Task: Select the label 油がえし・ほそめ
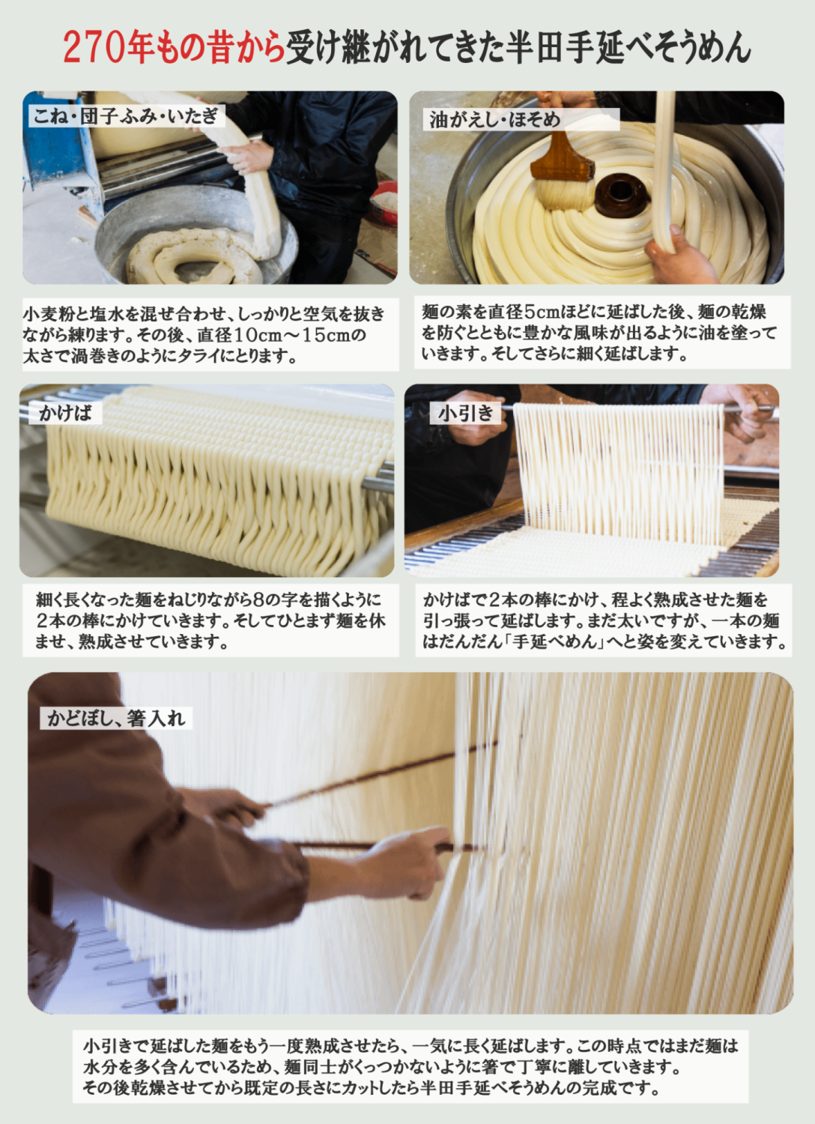(494, 119)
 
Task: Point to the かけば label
(65, 413)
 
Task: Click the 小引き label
(466, 413)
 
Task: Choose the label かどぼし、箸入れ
(116, 718)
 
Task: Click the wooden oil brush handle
(562, 155)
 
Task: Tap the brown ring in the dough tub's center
(621, 196)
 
